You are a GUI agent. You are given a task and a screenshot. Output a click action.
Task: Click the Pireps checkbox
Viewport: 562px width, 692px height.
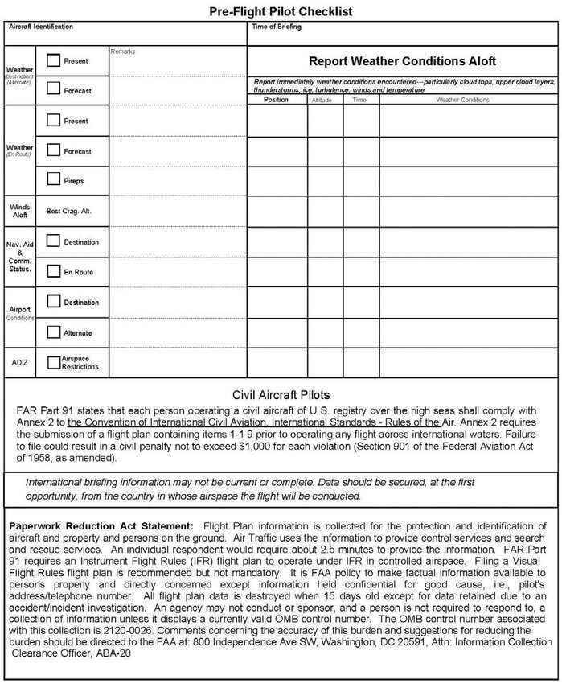(x=53, y=179)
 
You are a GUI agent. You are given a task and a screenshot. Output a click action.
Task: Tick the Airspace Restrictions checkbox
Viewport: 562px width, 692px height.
(x=54, y=363)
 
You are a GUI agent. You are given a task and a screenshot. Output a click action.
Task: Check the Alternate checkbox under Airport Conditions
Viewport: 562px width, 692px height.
(x=54, y=332)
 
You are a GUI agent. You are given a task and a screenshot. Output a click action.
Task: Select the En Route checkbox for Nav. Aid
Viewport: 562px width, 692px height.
(x=54, y=271)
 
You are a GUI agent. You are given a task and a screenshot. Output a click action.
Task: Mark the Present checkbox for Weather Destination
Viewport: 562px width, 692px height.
(x=54, y=60)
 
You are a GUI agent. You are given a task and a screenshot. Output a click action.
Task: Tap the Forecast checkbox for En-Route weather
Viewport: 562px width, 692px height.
(x=53, y=150)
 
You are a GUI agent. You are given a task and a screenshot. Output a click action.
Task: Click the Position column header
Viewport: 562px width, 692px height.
(x=276, y=100)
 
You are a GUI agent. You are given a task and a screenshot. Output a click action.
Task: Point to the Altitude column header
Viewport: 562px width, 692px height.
(x=325, y=100)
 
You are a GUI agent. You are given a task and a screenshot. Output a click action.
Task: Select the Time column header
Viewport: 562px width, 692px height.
(x=360, y=100)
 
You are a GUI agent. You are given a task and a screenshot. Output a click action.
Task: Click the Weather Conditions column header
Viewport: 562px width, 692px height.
(x=462, y=100)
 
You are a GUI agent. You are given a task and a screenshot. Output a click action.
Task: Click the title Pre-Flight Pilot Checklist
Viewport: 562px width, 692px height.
(x=281, y=11)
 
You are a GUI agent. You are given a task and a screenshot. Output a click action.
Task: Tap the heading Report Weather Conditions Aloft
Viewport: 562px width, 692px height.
(x=402, y=61)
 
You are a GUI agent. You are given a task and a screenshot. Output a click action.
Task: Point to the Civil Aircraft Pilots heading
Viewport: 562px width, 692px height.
(x=281, y=395)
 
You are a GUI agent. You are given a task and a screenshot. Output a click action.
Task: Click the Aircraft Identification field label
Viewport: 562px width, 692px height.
(x=40, y=27)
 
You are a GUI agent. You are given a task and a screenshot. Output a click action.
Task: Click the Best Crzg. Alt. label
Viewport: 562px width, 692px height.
(x=69, y=211)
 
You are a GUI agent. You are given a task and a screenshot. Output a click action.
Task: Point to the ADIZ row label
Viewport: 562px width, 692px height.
(x=19, y=362)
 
